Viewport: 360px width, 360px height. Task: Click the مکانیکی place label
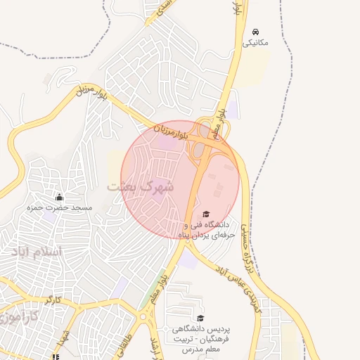pos(255,42)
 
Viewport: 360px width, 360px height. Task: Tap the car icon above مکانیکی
pos(255,32)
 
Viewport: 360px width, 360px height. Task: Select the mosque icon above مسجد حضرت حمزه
pos(59,197)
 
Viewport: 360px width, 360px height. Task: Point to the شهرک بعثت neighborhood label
pos(139,187)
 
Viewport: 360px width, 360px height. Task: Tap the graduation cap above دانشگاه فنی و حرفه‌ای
pos(206,214)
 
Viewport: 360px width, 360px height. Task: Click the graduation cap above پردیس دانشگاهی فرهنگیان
pos(201,318)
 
